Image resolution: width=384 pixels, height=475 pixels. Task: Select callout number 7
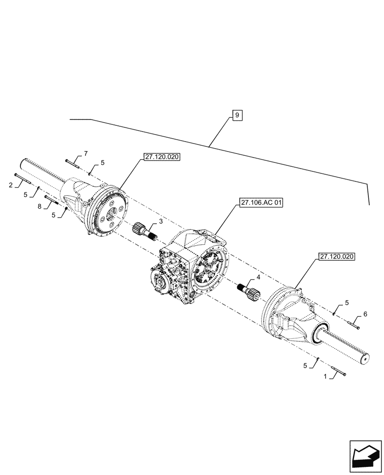point(86,153)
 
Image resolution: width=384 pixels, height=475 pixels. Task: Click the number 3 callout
point(161,221)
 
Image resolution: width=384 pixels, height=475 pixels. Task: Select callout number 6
point(365,314)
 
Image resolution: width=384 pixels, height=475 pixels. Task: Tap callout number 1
point(325,376)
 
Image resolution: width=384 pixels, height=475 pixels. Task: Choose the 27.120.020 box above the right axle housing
point(337,256)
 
